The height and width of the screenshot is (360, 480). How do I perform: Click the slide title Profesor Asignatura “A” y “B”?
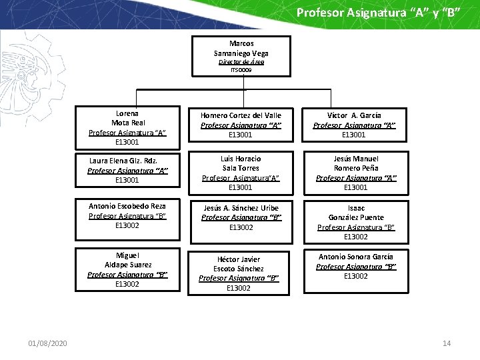pos(378,13)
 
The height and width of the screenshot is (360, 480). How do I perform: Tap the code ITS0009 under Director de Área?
pos(241,69)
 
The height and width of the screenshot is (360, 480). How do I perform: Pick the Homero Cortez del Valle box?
pos(241,125)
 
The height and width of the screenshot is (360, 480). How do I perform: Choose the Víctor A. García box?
pos(355,125)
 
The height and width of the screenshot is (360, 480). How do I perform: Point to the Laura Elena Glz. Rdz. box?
pos(127,170)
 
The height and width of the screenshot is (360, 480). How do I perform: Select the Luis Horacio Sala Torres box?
pos(241,173)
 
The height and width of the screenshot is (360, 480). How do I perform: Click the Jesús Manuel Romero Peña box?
pos(356,173)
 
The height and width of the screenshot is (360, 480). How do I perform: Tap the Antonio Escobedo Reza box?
pos(127,220)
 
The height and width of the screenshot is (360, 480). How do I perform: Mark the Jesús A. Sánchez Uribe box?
pos(241,220)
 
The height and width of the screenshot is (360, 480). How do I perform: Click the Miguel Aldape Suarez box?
pos(127,269)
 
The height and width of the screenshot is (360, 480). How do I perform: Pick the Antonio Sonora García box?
pos(356,269)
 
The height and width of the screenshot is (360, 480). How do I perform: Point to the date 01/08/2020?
pos(47,343)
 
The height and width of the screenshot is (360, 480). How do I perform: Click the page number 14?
pos(447,343)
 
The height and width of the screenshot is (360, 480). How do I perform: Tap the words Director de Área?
pos(241,62)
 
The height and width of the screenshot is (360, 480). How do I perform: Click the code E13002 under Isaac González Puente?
pos(356,237)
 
